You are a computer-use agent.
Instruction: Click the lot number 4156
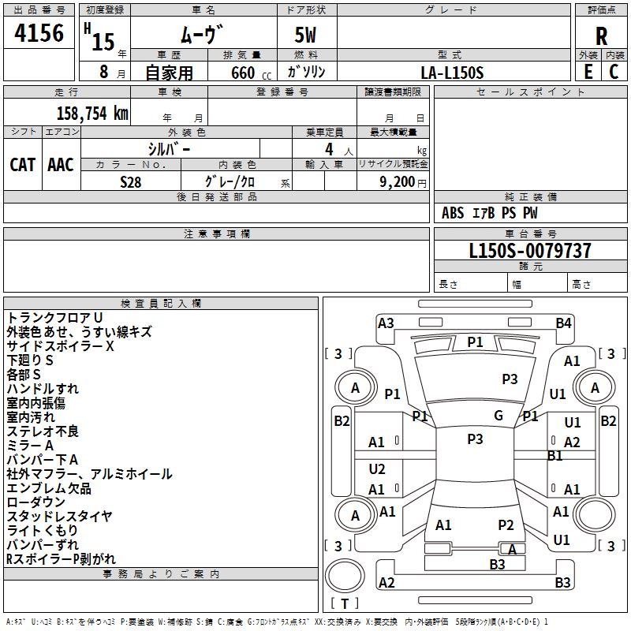[x=39, y=34]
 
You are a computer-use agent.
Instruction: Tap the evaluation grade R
[x=601, y=36]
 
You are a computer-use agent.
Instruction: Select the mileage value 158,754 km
[x=92, y=113]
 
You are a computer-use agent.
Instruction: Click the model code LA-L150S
[x=452, y=72]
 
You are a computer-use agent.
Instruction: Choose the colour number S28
[x=131, y=181]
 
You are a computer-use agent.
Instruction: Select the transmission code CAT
[x=22, y=164]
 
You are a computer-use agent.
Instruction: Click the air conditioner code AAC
[x=61, y=164]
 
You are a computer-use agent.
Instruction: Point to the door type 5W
[x=307, y=36]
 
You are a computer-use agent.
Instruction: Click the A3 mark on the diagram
[x=386, y=323]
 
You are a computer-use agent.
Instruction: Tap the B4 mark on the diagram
[x=563, y=323]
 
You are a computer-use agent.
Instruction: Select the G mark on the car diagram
[x=498, y=416]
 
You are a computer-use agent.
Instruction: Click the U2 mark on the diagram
[x=377, y=469]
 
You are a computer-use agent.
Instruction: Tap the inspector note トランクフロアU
[x=54, y=317]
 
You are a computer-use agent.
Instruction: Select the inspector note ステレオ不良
[x=43, y=431]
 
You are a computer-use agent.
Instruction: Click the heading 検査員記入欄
[x=161, y=303]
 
